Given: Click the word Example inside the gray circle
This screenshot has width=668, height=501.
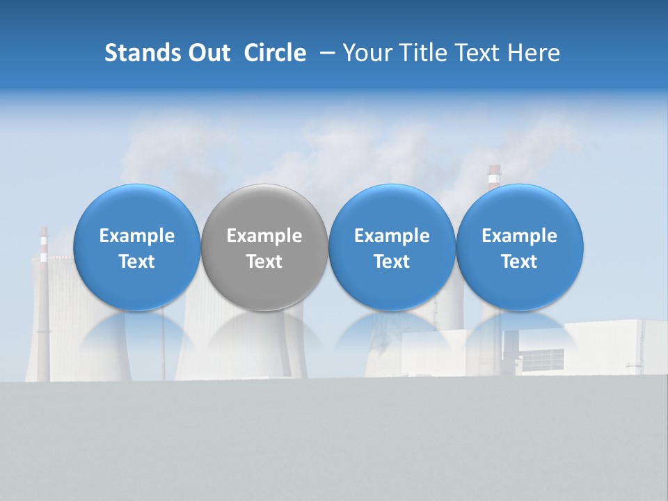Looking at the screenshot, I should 264,236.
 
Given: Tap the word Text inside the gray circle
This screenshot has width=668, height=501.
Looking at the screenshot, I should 264,262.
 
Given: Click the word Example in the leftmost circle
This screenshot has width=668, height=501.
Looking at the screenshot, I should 136,236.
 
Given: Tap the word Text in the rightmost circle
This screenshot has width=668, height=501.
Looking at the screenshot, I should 520,262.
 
